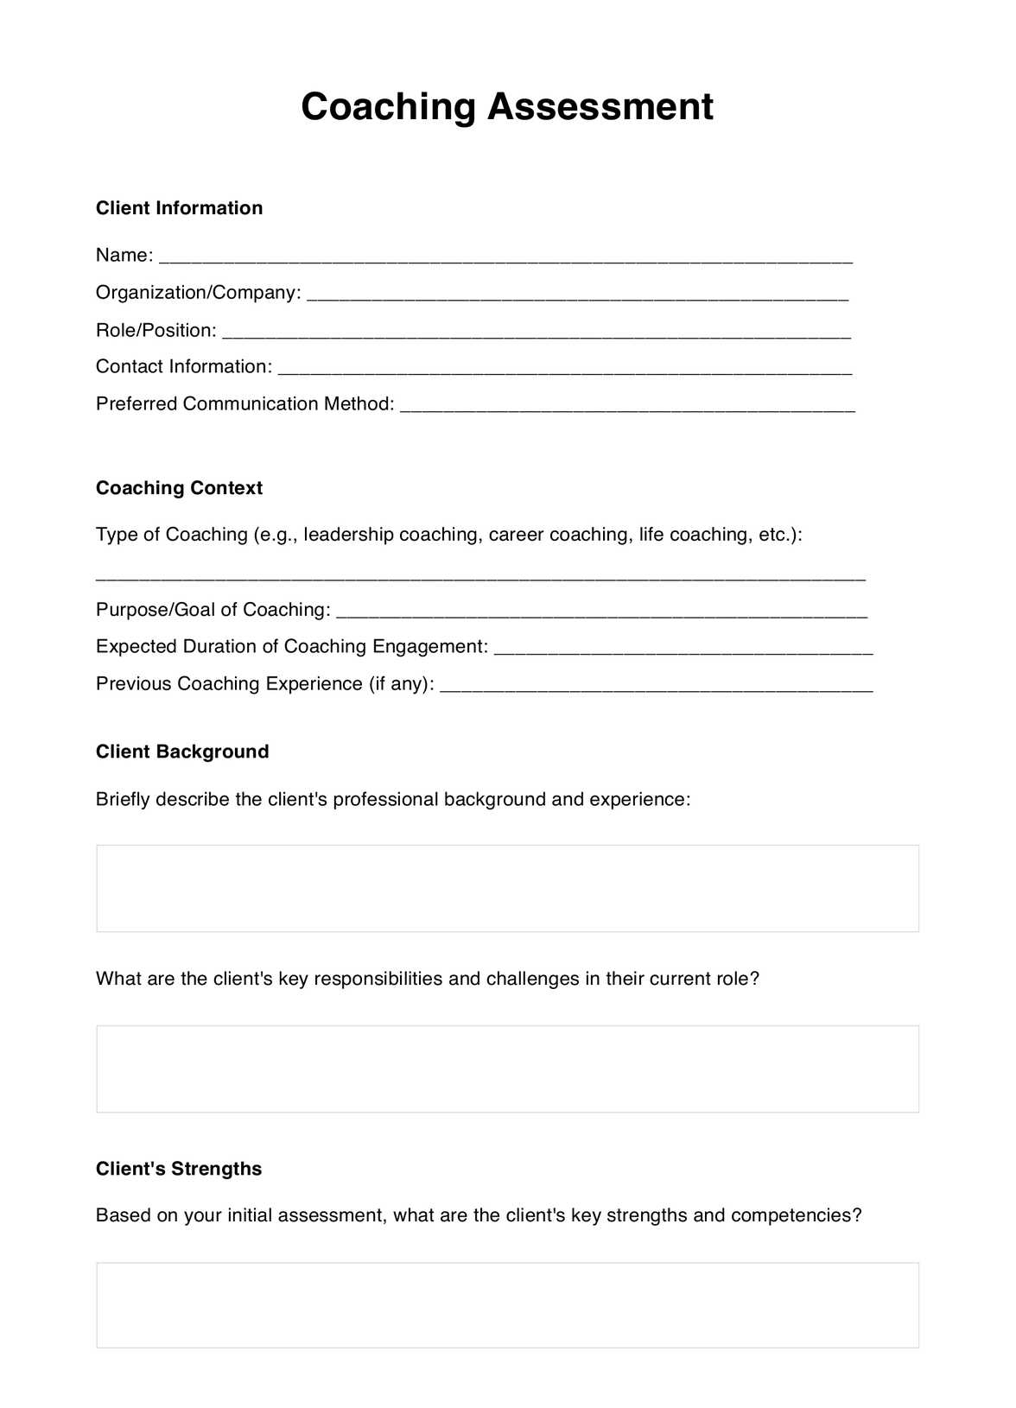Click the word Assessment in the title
click(600, 107)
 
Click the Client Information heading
click(179, 208)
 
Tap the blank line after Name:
click(505, 257)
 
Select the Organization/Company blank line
click(577, 295)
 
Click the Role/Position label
click(156, 330)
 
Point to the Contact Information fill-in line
click(565, 370)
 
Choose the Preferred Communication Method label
click(244, 403)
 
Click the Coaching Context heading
click(179, 488)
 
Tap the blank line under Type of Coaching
click(480, 576)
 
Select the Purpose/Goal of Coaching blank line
click(601, 612)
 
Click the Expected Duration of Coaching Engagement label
click(291, 646)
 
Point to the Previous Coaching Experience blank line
click(657, 687)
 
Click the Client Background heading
click(182, 752)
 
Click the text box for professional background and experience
click(507, 888)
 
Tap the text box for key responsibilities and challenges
click(507, 1069)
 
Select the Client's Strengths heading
click(179, 1169)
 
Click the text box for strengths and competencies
click(507, 1304)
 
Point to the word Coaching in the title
click(389, 107)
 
